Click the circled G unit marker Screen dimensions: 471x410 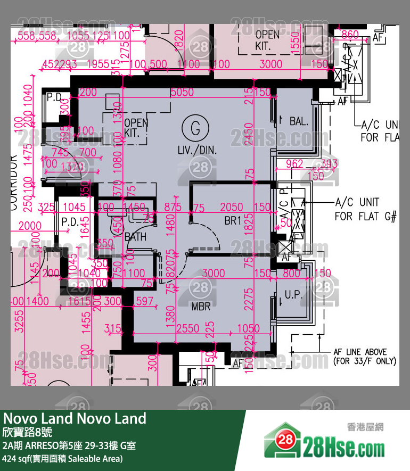195,128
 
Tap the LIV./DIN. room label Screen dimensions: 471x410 197,151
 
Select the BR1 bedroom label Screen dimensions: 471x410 233,221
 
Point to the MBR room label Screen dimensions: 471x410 201,307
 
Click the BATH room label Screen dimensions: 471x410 135,237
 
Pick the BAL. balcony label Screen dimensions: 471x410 299,121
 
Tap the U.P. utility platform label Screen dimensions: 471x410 294,294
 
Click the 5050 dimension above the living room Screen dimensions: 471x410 182,92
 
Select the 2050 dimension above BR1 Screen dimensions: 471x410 232,208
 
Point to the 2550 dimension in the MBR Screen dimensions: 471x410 188,328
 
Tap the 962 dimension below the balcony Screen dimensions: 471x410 294,164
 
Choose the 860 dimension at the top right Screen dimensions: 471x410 350,35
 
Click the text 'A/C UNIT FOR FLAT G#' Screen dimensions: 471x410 364,209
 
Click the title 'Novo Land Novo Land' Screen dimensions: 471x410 75,418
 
